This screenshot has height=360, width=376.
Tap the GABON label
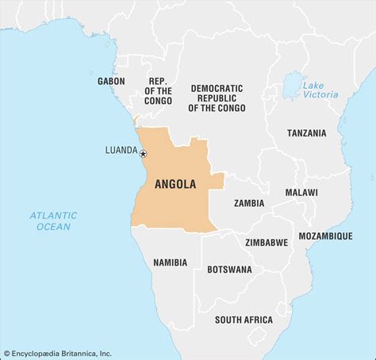(111, 81)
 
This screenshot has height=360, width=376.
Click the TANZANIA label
(306, 132)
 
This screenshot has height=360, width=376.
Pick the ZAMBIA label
(249, 203)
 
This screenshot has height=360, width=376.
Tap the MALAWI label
(301, 193)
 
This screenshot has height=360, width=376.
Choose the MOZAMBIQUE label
(325, 236)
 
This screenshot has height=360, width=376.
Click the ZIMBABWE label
(267, 242)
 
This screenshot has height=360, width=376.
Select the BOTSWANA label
(229, 270)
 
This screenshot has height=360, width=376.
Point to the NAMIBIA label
(170, 262)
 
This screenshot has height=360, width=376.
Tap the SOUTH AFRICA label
(244, 320)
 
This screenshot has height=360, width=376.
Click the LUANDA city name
(121, 150)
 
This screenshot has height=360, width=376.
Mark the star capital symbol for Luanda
(143, 153)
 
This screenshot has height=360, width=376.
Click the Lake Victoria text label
(320, 89)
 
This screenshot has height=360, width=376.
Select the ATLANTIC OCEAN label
(54, 220)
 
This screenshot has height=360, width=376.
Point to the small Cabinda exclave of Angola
(136, 121)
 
